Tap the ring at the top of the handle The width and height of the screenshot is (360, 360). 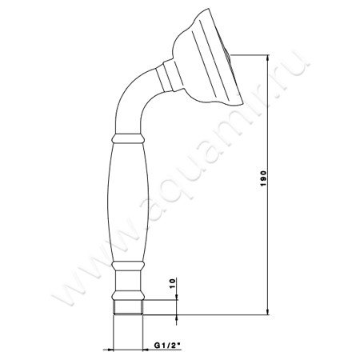127,138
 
